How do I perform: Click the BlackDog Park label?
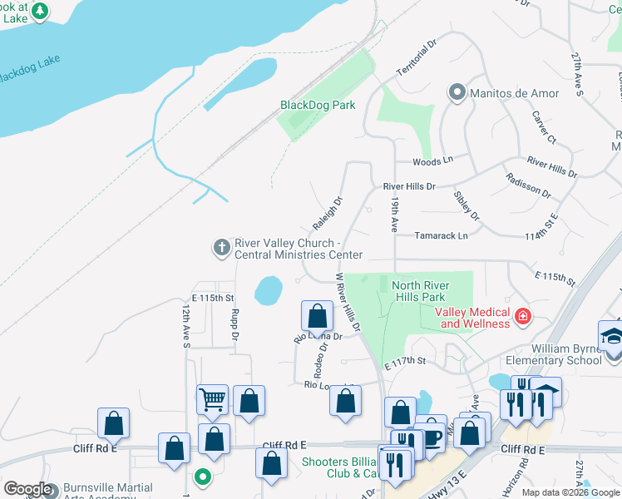[318, 105]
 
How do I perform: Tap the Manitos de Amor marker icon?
[457, 92]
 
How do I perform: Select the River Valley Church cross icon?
[221, 247]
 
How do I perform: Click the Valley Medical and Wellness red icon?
[523, 316]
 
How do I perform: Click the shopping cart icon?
[212, 399]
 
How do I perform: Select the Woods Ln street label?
[432, 161]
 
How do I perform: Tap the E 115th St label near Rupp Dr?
[214, 298]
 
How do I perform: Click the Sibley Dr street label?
[466, 205]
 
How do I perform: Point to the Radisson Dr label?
[528, 185]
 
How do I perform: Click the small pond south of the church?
[268, 290]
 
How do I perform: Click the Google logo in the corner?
[27, 489]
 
